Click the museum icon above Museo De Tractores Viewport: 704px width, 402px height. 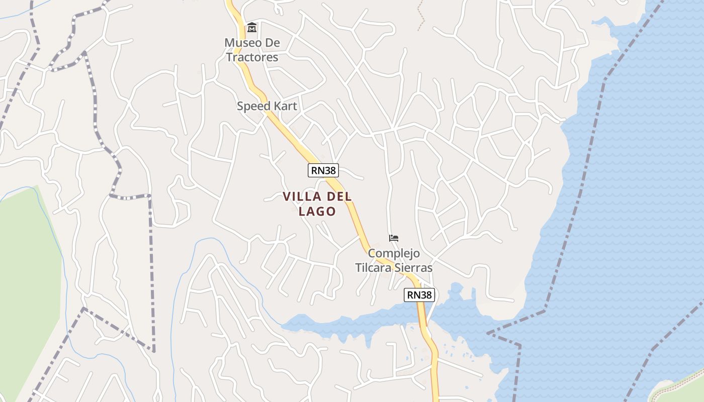coord(252,27)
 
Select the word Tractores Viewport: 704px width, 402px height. coord(252,57)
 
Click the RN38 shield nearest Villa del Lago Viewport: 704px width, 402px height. coord(323,170)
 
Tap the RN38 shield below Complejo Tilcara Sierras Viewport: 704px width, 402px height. coord(419,295)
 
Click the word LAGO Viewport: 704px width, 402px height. coord(317,211)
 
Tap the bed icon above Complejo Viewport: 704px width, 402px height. coord(394,238)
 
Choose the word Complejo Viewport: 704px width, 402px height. coord(394,253)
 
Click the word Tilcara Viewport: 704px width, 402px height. coord(375,268)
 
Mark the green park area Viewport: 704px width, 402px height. coord(28,281)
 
